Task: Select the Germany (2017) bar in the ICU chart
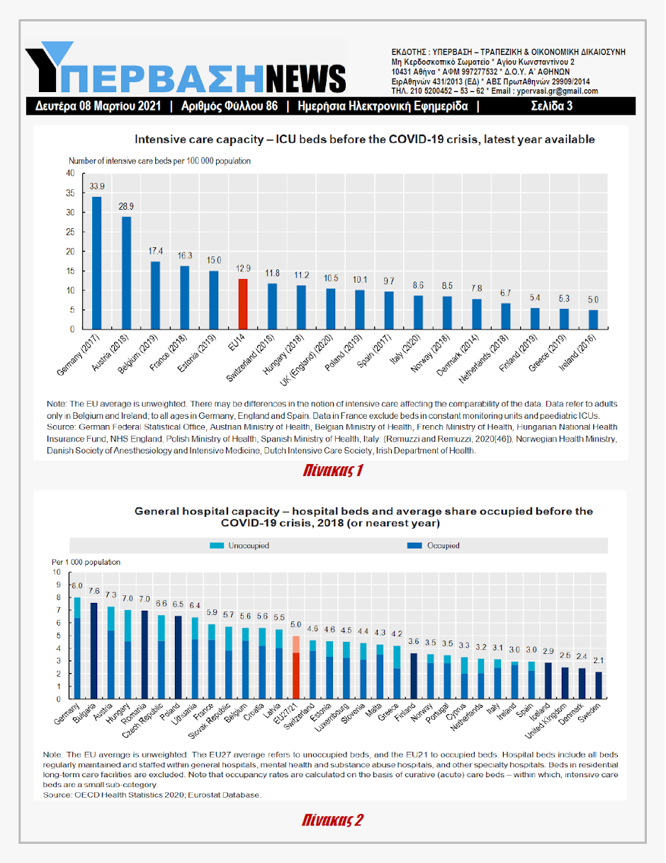97,263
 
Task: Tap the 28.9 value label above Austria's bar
126,205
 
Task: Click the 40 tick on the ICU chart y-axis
70,174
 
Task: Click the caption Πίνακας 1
332,470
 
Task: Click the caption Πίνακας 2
332,820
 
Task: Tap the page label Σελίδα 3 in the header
551,107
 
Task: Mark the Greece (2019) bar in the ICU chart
564,319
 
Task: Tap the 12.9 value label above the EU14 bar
243,269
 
